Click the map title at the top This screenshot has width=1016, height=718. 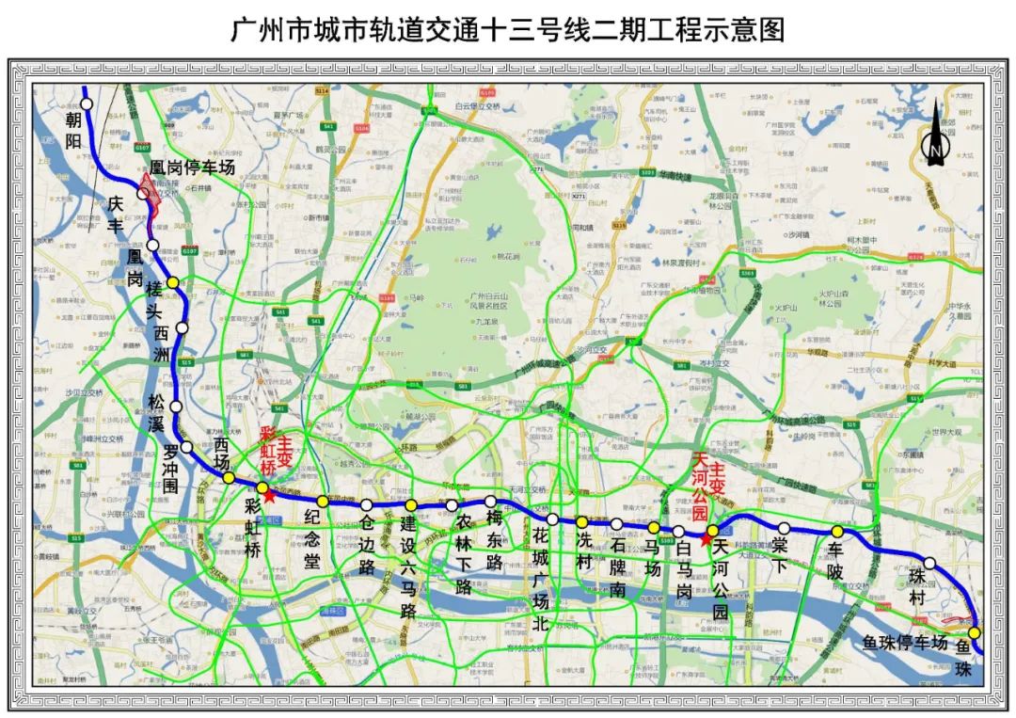[508, 30]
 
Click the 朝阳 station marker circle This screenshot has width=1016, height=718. [87, 104]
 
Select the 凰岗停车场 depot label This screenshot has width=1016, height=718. [193, 168]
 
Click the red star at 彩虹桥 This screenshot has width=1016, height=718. [270, 495]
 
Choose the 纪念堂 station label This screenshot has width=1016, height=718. [313, 538]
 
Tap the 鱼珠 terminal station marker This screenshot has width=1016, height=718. [975, 633]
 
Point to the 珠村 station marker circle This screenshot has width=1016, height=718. [929, 563]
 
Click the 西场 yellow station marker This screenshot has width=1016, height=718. [229, 478]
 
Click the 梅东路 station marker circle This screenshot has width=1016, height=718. [490, 502]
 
